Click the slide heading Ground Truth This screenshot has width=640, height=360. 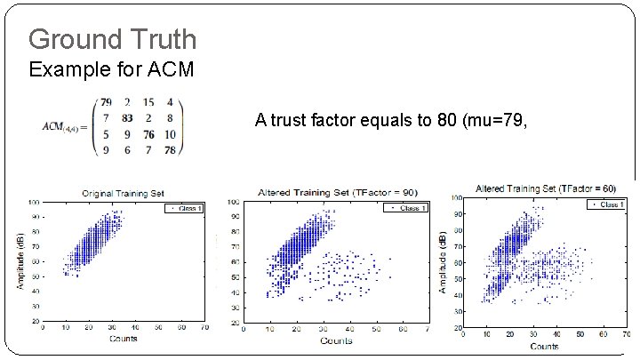[112, 39]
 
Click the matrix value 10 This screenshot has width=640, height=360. [172, 134]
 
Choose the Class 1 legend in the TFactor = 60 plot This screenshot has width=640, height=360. [610, 204]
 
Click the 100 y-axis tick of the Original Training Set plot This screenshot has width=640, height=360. [32, 200]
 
